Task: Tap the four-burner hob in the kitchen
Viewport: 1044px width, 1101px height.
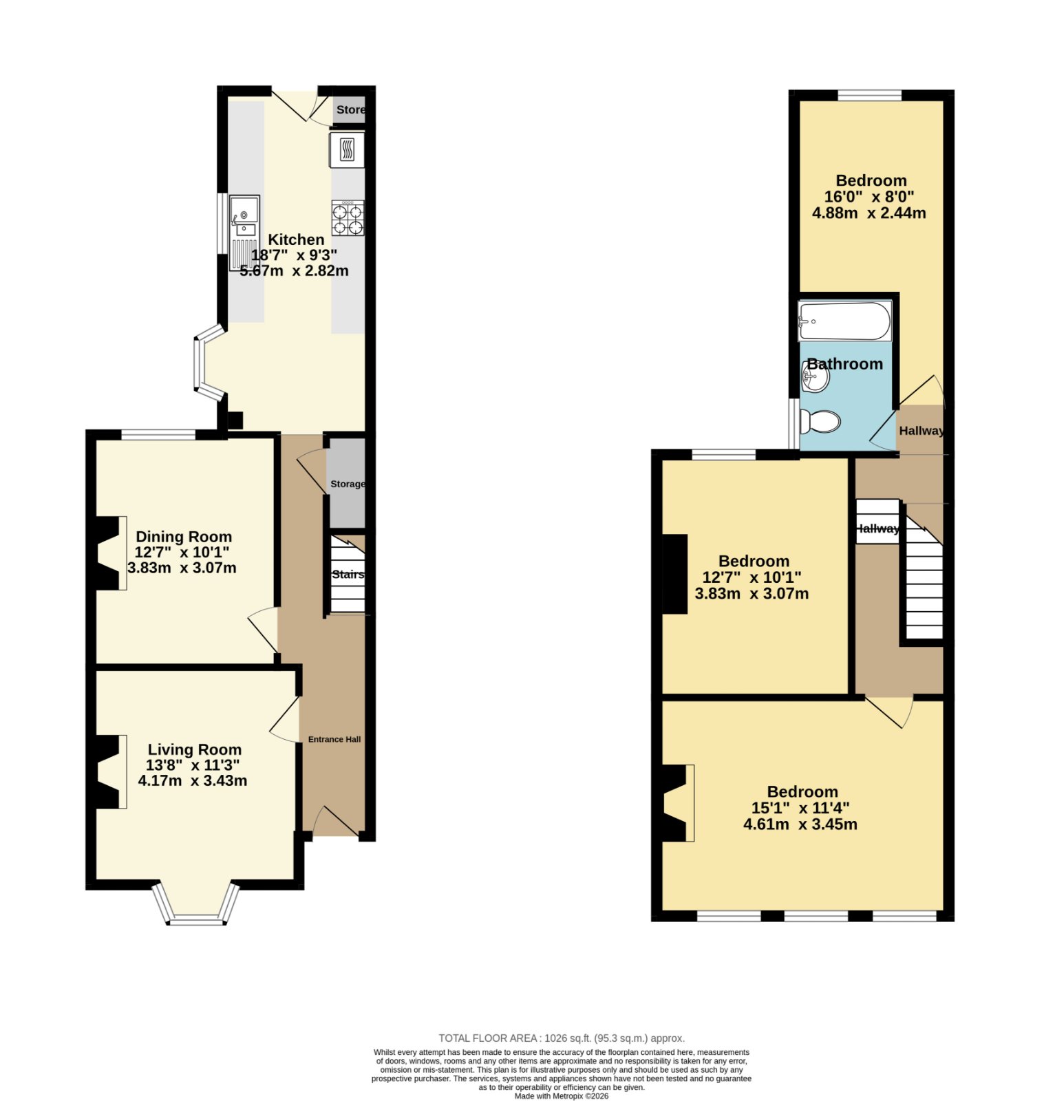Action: click(x=348, y=218)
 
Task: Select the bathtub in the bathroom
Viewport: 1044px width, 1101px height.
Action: click(x=844, y=321)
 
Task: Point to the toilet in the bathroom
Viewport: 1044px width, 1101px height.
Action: click(x=820, y=421)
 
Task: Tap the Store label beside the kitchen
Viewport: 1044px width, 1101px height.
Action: click(x=350, y=109)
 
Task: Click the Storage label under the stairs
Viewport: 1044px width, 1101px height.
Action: click(x=348, y=484)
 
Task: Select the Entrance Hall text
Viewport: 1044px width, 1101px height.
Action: click(x=334, y=739)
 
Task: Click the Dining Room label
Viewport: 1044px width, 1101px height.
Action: click(x=184, y=537)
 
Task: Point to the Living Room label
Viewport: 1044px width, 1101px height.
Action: click(x=195, y=749)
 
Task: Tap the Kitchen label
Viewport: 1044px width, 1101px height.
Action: click(x=296, y=239)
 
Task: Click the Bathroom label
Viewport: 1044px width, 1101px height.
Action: click(x=844, y=364)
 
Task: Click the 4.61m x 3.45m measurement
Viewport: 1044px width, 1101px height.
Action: click(x=800, y=824)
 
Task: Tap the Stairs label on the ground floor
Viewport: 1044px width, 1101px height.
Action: click(x=348, y=575)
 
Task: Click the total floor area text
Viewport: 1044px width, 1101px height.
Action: click(x=562, y=1038)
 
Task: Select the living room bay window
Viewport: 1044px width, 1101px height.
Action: click(x=196, y=903)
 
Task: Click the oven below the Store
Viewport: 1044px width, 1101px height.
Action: click(x=348, y=149)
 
